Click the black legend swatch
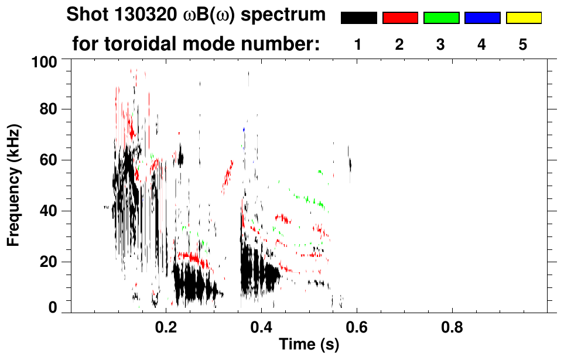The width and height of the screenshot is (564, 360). pyautogui.click(x=359, y=18)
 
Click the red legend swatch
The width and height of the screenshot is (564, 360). pyautogui.click(x=400, y=18)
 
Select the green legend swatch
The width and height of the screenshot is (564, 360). pyautogui.click(x=441, y=18)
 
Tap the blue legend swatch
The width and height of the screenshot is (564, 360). pyautogui.click(x=482, y=18)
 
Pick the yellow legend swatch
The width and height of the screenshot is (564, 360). pyautogui.click(x=523, y=18)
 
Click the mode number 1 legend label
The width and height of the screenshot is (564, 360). pyautogui.click(x=358, y=44)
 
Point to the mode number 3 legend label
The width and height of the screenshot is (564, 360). pyautogui.click(x=440, y=44)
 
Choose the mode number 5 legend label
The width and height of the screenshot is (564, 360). pyautogui.click(x=522, y=44)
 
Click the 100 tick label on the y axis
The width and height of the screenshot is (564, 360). pyautogui.click(x=43, y=60)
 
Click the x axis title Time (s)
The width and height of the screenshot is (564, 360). pyautogui.click(x=308, y=345)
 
